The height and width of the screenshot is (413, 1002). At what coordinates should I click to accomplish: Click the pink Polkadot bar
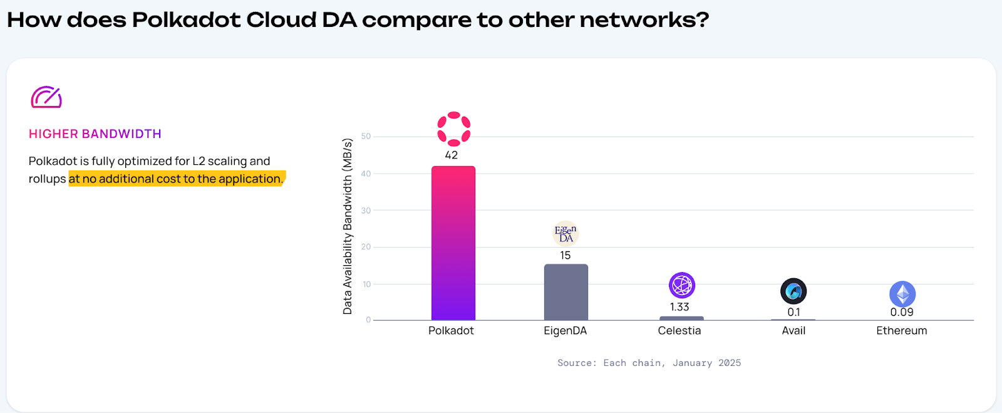(453, 243)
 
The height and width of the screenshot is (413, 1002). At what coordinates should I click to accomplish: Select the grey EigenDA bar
(566, 292)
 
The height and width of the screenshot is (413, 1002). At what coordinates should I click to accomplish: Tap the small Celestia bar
(681, 318)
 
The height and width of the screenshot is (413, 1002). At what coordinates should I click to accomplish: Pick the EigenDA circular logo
(566, 234)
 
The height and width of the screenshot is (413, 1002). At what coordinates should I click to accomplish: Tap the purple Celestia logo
(682, 285)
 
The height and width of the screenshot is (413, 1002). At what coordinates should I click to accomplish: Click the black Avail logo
(793, 291)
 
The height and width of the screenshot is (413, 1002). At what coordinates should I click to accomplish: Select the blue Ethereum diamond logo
(902, 294)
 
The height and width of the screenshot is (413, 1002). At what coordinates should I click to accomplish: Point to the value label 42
(452, 155)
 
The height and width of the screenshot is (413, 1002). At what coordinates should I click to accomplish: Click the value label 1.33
(679, 307)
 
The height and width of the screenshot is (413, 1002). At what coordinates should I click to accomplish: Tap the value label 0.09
(902, 312)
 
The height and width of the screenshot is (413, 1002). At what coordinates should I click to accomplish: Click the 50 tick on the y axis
(366, 136)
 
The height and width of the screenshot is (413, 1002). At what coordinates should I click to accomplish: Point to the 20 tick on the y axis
(366, 247)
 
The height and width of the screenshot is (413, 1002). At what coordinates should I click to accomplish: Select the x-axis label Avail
(793, 331)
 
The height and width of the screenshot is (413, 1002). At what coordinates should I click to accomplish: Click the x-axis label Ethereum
(902, 331)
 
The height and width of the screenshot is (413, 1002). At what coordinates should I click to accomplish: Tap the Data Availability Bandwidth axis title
(348, 226)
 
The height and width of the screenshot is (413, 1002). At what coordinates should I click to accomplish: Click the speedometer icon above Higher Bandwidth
(46, 97)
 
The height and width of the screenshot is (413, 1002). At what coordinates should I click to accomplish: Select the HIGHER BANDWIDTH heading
(95, 133)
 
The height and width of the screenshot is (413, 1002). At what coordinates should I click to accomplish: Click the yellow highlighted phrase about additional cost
(177, 179)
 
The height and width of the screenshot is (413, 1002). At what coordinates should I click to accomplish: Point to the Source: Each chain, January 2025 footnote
(649, 363)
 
